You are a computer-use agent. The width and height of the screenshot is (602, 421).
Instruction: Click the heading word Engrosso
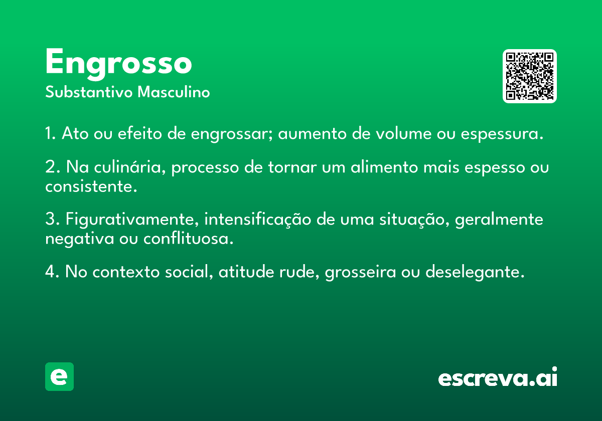tap(118, 64)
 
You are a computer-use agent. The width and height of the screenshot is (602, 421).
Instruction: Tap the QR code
tap(529, 76)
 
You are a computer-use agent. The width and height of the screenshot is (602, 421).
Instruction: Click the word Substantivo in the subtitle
tap(89, 92)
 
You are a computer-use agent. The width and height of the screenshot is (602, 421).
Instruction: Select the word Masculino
tap(174, 92)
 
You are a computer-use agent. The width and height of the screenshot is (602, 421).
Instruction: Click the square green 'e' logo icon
tap(59, 376)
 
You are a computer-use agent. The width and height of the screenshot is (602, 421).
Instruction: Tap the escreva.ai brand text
tap(498, 376)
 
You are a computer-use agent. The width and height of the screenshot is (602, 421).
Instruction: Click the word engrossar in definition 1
tap(232, 134)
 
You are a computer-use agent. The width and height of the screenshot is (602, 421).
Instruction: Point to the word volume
tap(404, 133)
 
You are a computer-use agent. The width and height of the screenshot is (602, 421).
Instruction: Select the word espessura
tap(502, 134)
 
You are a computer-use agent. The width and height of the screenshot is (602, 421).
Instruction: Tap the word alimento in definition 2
tap(385, 167)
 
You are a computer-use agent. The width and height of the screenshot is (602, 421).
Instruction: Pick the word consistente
tap(91, 186)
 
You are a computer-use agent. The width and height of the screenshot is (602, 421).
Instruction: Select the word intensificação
tap(258, 220)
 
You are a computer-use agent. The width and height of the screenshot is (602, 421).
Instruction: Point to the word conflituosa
tap(188, 239)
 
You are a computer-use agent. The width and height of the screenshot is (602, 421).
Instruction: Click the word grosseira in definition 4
tap(360, 272)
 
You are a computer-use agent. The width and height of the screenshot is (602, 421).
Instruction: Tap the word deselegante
tap(475, 272)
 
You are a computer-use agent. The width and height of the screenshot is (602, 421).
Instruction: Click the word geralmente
tap(499, 220)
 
